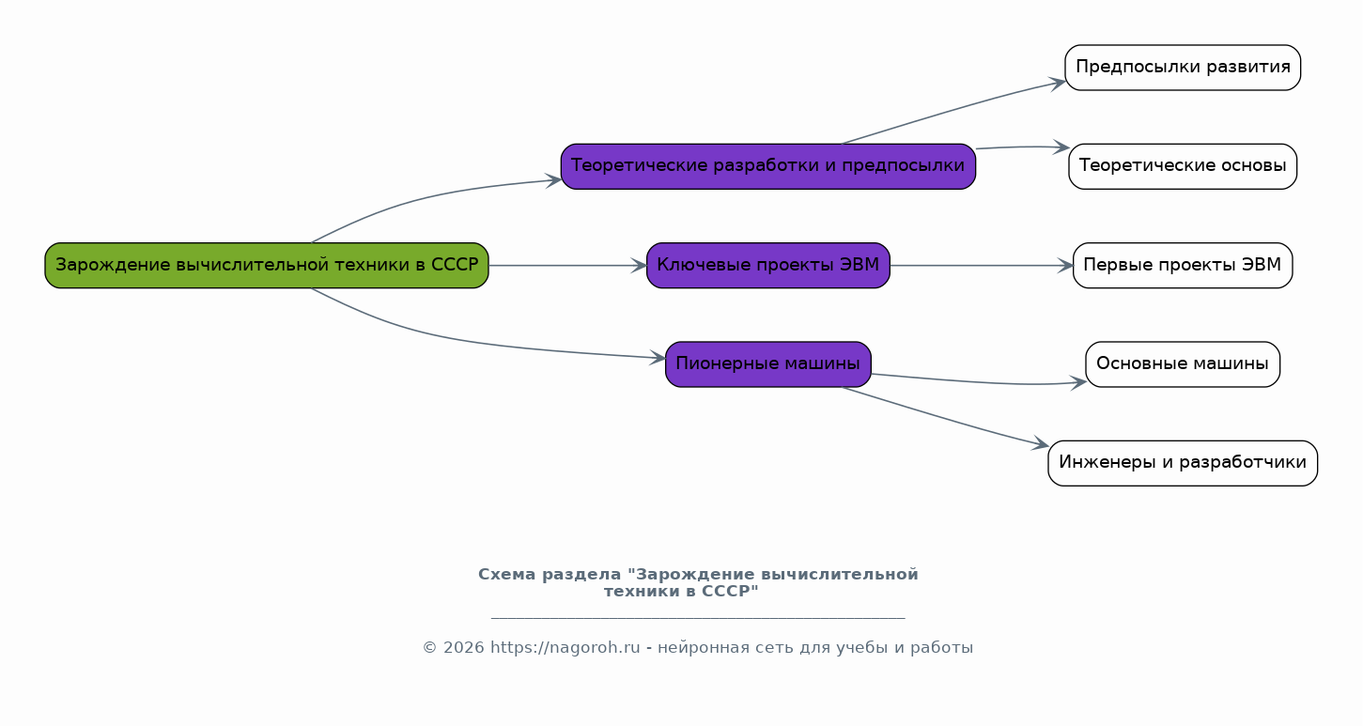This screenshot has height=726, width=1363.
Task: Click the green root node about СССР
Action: click(x=267, y=266)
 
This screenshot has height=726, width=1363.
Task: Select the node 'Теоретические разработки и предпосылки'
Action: click(x=767, y=166)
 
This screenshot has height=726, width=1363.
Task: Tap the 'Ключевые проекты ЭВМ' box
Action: click(x=767, y=266)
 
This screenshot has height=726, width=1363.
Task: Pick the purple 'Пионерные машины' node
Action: click(x=767, y=363)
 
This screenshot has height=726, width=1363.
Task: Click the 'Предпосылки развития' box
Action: click(x=1183, y=68)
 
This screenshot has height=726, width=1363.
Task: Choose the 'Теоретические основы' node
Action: click(x=1183, y=166)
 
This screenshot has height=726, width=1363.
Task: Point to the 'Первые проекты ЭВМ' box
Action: click(x=1183, y=266)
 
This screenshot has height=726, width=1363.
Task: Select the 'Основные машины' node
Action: click(x=1183, y=363)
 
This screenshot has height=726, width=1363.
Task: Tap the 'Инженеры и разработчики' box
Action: click(x=1183, y=463)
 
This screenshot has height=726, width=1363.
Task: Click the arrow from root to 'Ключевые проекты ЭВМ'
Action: click(x=567, y=266)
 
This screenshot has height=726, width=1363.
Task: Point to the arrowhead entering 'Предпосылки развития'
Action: click(x=1058, y=83)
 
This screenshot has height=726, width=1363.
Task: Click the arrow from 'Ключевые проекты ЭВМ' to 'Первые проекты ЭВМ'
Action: click(x=982, y=266)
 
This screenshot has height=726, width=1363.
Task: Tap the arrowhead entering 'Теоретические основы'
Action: click(x=1061, y=147)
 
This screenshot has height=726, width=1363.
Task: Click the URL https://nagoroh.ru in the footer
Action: click(x=565, y=647)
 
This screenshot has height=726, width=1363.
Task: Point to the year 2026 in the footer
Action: click(x=464, y=647)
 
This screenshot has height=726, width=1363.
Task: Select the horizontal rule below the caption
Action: click(x=698, y=618)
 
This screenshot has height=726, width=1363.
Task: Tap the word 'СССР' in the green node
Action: click(x=455, y=266)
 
